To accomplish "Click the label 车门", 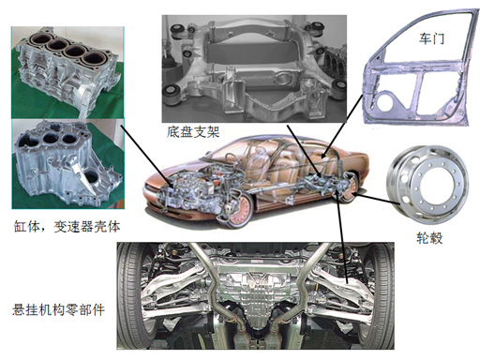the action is (431, 38).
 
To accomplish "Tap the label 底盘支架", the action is (193, 132).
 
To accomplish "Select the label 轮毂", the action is (429, 238).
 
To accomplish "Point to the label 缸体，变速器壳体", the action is (67, 227).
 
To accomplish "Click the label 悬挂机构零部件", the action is (58, 310).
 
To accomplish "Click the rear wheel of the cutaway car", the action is (349, 188).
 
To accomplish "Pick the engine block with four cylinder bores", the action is (67, 71).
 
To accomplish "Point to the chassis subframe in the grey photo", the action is (253, 68).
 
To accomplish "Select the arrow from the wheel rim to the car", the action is (376, 200).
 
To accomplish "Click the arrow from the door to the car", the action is (343, 126).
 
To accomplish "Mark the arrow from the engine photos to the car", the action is (146, 155).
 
